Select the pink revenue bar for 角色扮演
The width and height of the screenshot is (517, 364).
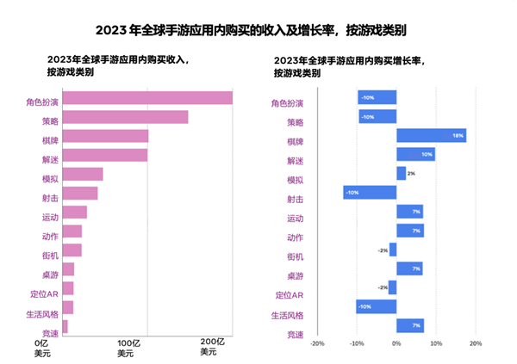click(147, 98)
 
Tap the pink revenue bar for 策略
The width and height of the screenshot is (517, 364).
click(125, 117)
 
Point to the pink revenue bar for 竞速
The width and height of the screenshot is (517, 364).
click(65, 327)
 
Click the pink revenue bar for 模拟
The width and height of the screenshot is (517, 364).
click(83, 174)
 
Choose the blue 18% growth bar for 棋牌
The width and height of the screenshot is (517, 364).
click(431, 135)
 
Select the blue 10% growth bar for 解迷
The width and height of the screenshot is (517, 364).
click(415, 154)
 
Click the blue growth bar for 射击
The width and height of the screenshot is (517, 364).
click(370, 193)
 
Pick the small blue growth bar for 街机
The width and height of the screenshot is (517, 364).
click(393, 250)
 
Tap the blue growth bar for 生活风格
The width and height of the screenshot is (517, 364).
click(376, 306)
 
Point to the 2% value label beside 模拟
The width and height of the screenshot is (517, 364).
click(411, 174)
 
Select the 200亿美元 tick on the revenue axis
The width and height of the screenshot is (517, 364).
click(213, 348)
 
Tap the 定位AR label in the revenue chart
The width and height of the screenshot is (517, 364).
click(43, 295)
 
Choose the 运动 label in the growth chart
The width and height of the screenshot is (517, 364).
click(295, 219)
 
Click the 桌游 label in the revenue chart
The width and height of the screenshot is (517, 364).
click(51, 275)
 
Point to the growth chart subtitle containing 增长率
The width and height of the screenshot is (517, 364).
click(346, 67)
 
